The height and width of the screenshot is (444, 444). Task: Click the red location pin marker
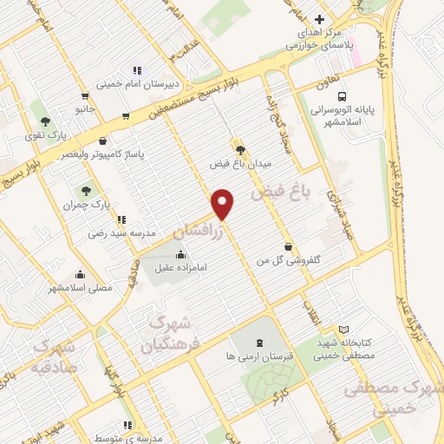point(224,203)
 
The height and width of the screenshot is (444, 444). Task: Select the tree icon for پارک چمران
point(85,190)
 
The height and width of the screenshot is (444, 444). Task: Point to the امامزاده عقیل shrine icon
point(180,255)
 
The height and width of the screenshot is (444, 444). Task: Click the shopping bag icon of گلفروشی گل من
point(287,246)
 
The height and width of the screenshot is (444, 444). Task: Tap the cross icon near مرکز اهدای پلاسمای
point(319,19)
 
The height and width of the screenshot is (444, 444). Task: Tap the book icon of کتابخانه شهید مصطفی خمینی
point(344,330)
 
